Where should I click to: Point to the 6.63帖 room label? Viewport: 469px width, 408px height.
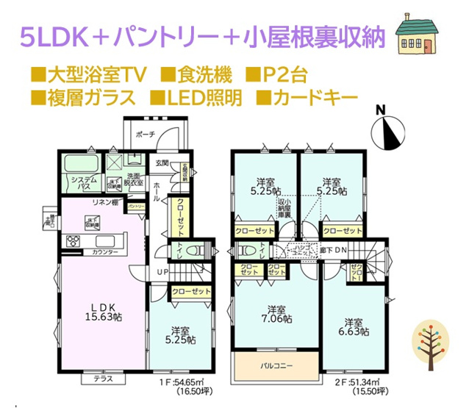tap(353, 327)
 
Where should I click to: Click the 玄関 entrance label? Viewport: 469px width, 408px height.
tap(161, 162)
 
